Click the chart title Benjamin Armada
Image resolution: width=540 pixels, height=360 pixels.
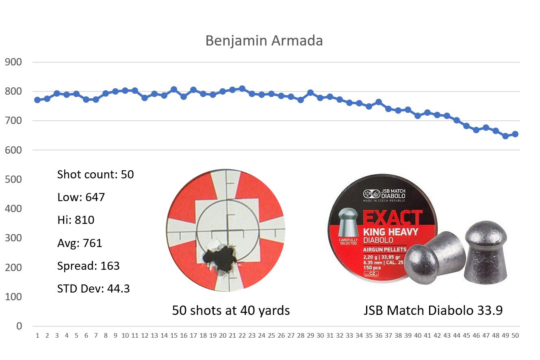[x=264, y=41]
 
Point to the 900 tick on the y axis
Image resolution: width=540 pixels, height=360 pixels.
[x=13, y=62]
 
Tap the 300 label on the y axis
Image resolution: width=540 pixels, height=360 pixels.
[x=13, y=238]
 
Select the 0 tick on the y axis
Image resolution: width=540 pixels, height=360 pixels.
[x=19, y=326]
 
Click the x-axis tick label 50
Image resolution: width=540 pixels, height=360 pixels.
[x=515, y=336]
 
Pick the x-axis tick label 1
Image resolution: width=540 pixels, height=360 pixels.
[x=37, y=336]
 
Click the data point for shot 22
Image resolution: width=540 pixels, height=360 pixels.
[x=242, y=89]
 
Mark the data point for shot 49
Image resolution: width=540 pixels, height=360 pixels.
[x=505, y=136]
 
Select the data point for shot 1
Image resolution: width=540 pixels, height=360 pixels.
[x=37, y=100]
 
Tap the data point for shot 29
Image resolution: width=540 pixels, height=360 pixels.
[x=310, y=93]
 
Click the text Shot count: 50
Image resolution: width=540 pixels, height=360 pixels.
[x=95, y=175]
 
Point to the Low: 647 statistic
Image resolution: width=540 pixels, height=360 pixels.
[x=81, y=197]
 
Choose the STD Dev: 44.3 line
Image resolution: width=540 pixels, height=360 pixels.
[x=93, y=289]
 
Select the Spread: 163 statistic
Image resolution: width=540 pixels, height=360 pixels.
[x=89, y=266]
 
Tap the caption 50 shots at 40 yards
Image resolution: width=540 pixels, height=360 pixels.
[x=231, y=311]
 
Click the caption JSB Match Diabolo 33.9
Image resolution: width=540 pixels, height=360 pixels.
[x=433, y=311]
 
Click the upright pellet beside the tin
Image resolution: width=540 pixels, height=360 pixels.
[x=486, y=252]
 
